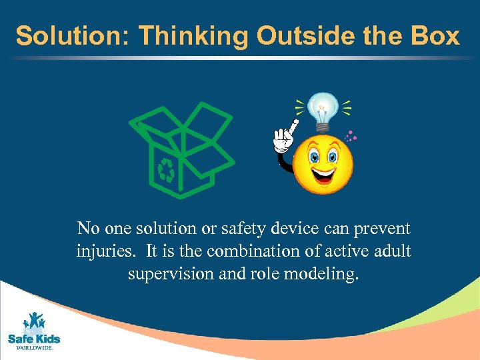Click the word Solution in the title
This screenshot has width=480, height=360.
[x=61, y=36]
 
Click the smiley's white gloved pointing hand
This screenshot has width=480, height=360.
[x=285, y=141]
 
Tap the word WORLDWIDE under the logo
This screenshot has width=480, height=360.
[x=33, y=348]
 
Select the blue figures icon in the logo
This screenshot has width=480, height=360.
[x=34, y=321]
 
